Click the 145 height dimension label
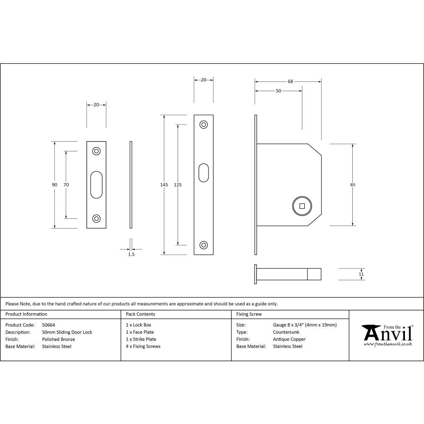(164, 184)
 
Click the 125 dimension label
(178, 184)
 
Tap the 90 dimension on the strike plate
(54, 184)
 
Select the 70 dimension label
(66, 184)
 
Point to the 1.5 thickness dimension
(131, 254)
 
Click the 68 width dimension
(290, 81)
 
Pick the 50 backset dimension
(278, 91)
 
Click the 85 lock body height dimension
(353, 184)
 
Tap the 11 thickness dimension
(361, 274)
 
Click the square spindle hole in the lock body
(302, 206)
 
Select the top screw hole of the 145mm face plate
(204, 125)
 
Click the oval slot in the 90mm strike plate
(96, 184)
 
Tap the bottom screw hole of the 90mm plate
(96, 219)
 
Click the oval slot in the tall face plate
(204, 173)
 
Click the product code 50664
(49, 325)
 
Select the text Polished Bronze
(59, 339)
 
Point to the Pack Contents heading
(140, 314)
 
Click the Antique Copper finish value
(289, 339)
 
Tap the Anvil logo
(387, 335)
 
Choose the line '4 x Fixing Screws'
(143, 346)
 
